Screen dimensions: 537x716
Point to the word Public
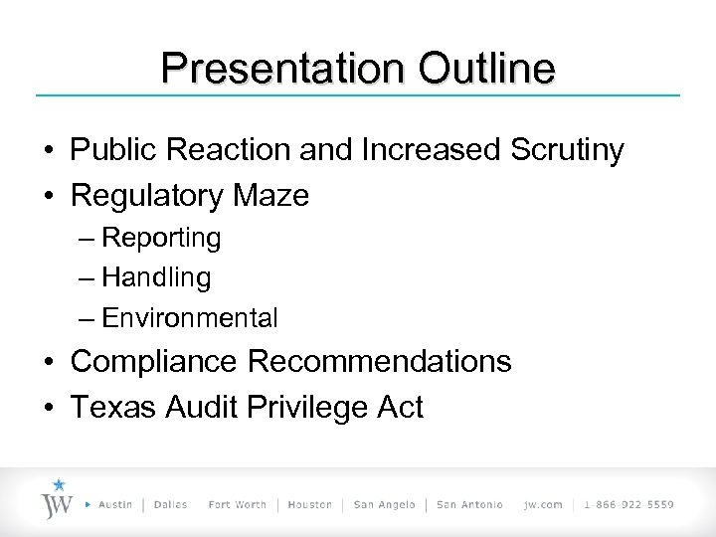click(111, 151)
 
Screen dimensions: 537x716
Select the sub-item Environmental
click(189, 318)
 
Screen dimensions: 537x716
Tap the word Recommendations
click(379, 362)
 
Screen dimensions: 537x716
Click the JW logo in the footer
click(58, 499)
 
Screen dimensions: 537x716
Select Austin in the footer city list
click(117, 505)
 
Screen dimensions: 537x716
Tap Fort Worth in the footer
click(237, 505)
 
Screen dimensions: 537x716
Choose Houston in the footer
click(310, 505)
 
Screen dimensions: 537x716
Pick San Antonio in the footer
click(471, 505)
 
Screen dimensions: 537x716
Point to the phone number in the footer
click(629, 505)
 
